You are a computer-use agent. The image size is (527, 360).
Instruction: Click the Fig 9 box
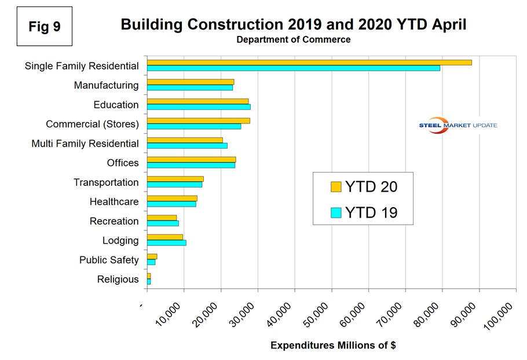45,26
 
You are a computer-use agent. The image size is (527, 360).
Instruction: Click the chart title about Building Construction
293,24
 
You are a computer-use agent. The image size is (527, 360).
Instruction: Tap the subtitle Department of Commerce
293,40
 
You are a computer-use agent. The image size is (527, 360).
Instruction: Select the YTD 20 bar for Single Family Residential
309,63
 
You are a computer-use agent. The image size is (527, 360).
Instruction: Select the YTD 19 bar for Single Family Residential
293,68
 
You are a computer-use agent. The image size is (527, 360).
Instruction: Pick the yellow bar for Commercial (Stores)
198,120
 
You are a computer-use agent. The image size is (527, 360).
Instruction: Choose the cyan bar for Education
199,107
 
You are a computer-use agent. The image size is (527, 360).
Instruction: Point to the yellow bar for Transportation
175,179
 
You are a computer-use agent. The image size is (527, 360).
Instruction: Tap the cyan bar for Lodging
166,243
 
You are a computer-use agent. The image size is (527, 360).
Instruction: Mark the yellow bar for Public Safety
152,256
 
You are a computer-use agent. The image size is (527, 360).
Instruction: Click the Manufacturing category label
106,86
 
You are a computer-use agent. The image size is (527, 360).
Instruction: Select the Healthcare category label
114,202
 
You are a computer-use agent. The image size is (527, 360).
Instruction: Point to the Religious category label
118,280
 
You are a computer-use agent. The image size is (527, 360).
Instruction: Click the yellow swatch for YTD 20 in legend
336,186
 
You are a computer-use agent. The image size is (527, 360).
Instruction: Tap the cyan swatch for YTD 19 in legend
336,212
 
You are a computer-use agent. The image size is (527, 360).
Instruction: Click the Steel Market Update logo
458,126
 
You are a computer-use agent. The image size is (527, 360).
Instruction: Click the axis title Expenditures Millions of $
333,346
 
